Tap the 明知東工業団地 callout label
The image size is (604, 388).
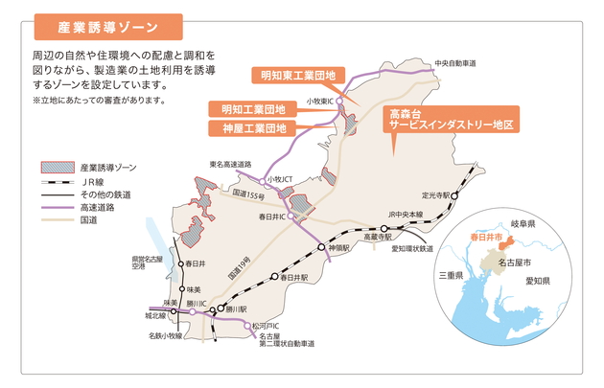[x=299, y=74]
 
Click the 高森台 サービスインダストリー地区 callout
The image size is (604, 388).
[x=452, y=119]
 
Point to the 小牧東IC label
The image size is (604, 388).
[x=320, y=100]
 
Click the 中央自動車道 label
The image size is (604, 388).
[x=455, y=63]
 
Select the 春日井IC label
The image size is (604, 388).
[x=273, y=217]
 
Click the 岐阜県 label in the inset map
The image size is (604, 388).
[x=524, y=222]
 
